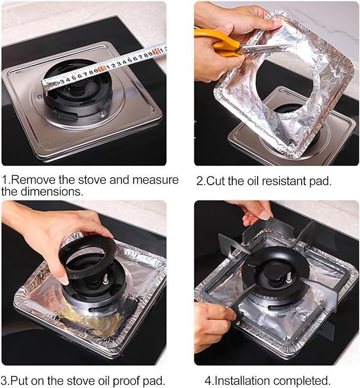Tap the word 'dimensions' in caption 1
click(x=42, y=192)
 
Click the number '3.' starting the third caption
click(x=5, y=380)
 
